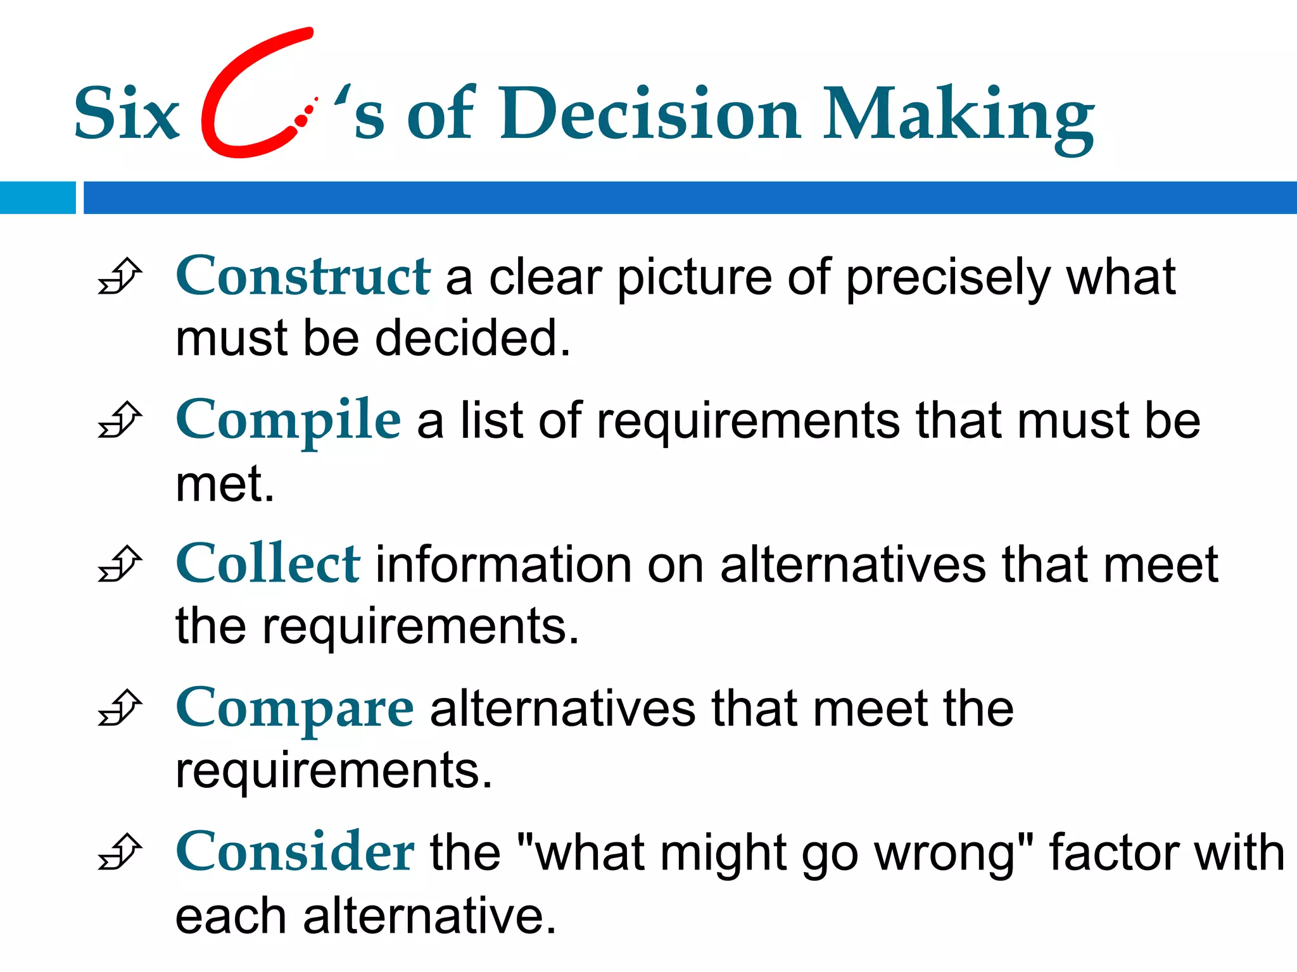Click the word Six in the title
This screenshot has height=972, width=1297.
tap(127, 114)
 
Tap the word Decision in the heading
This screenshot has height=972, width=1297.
tap(652, 114)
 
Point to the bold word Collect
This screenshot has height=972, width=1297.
tap(268, 563)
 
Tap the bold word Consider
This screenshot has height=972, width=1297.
tap(294, 852)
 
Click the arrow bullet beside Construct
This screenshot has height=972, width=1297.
tap(120, 277)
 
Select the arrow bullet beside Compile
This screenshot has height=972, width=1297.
tap(120, 420)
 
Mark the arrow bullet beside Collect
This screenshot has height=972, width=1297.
tap(120, 564)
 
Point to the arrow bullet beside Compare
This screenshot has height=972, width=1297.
tap(120, 707)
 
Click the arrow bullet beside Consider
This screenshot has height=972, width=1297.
tap(120, 852)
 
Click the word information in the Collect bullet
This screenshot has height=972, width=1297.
tap(503, 564)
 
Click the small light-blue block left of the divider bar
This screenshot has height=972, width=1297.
tap(37, 197)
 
